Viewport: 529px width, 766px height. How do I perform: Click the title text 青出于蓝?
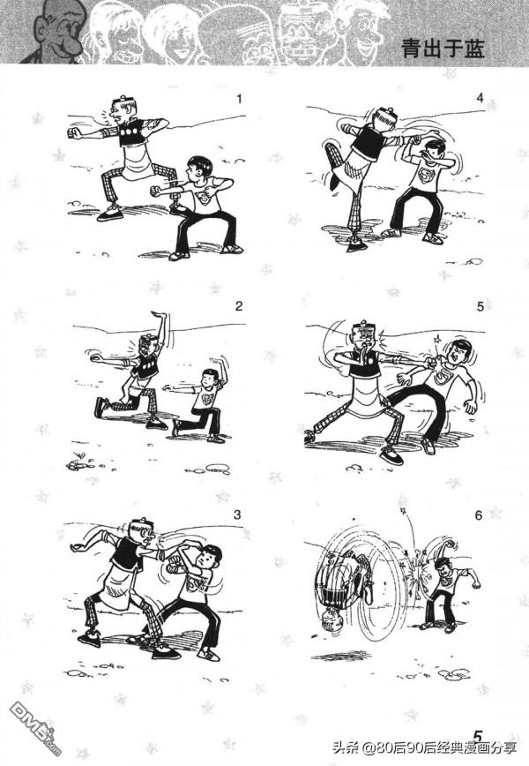pyautogui.click(x=443, y=49)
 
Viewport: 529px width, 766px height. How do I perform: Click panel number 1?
pyautogui.click(x=239, y=99)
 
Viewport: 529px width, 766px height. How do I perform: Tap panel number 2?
pyautogui.click(x=239, y=306)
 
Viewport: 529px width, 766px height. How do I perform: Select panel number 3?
pyautogui.click(x=237, y=514)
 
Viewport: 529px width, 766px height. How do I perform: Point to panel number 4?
pyautogui.click(x=480, y=98)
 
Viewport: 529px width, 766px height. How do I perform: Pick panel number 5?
pyautogui.click(x=481, y=306)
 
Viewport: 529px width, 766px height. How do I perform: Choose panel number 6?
pyautogui.click(x=478, y=515)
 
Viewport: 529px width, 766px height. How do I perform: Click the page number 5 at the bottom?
pyautogui.click(x=478, y=736)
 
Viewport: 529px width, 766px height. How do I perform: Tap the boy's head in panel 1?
pyautogui.click(x=198, y=169)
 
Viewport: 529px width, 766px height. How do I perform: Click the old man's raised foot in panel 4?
pyautogui.click(x=335, y=181)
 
